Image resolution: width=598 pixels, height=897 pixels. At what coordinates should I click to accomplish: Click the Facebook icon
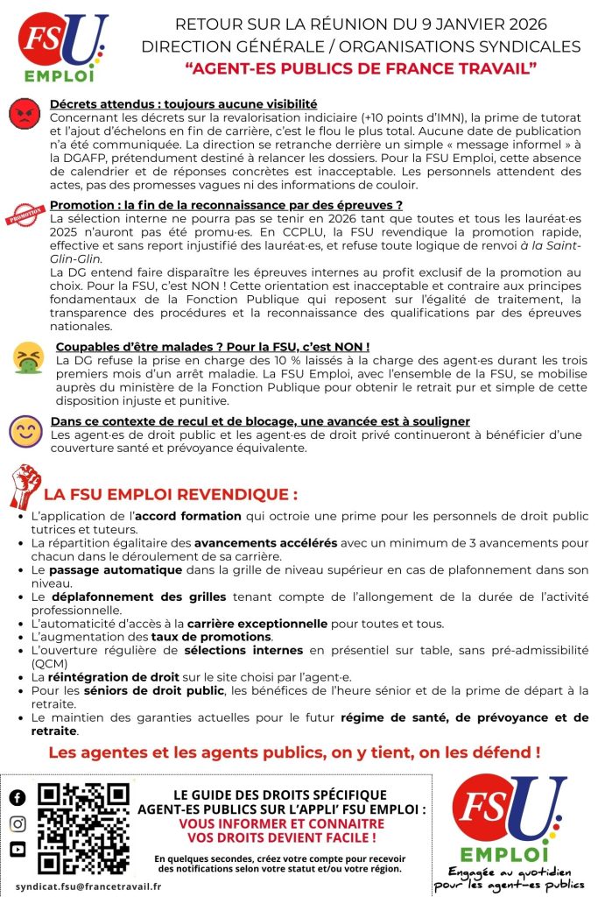point(18,798)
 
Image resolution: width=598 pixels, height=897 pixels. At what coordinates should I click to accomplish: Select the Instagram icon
point(18,823)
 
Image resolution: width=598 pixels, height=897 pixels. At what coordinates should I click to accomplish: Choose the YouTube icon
point(18,849)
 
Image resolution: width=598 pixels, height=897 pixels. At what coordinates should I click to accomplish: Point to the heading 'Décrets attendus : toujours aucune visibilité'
point(183,104)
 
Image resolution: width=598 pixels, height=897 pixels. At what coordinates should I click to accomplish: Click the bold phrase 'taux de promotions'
point(199,637)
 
